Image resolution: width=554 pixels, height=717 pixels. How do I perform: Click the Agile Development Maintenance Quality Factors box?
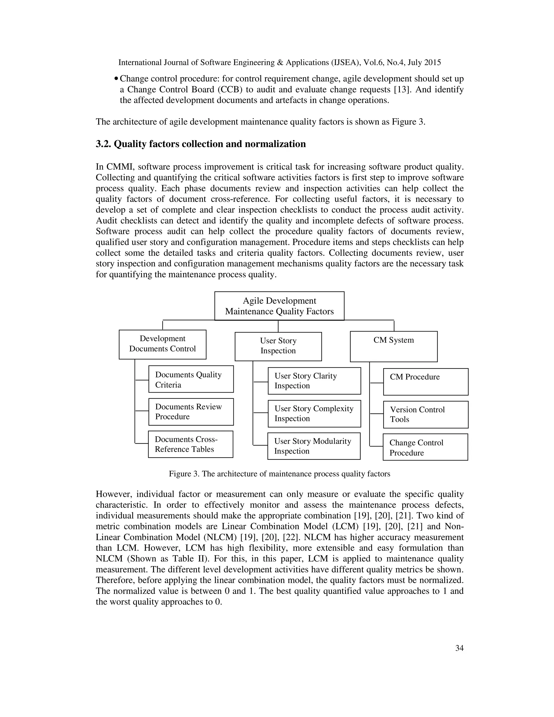pyautogui.click(x=279, y=306)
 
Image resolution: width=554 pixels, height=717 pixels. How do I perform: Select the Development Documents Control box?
pyautogui.click(x=163, y=344)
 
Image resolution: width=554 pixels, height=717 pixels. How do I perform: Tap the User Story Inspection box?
pyautogui.click(x=278, y=346)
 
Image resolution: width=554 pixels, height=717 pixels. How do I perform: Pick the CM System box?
pyautogui.click(x=394, y=346)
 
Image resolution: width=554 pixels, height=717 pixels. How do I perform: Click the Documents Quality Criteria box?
pyautogui.click(x=191, y=379)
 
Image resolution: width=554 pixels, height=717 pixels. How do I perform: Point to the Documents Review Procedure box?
pyautogui.click(x=191, y=412)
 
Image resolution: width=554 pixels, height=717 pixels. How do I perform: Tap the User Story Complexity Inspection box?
pyautogui.click(x=314, y=413)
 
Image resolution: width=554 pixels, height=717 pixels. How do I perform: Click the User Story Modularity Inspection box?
pyautogui.click(x=314, y=446)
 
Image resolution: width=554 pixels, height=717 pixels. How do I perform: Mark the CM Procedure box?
pyautogui.click(x=426, y=381)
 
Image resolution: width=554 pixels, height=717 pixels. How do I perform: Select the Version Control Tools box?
pyautogui.click(x=426, y=414)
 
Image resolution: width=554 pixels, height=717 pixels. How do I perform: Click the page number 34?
pyautogui.click(x=459, y=648)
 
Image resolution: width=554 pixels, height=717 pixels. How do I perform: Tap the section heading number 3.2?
pyautogui.click(x=103, y=144)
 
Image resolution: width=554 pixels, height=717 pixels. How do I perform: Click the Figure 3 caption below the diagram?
pyautogui.click(x=279, y=474)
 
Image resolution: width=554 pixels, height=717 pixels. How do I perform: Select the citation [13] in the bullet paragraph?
pyautogui.click(x=402, y=90)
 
